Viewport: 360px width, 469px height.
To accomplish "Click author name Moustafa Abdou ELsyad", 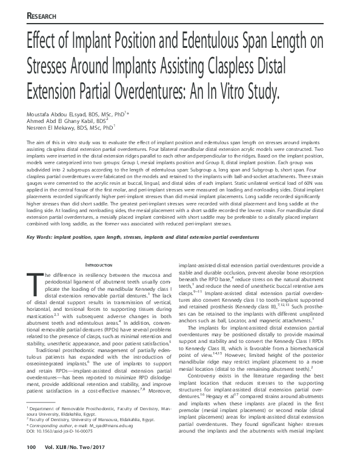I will (x=58, y=113).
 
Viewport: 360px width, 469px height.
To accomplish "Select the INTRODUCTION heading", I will (x=101, y=265).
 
